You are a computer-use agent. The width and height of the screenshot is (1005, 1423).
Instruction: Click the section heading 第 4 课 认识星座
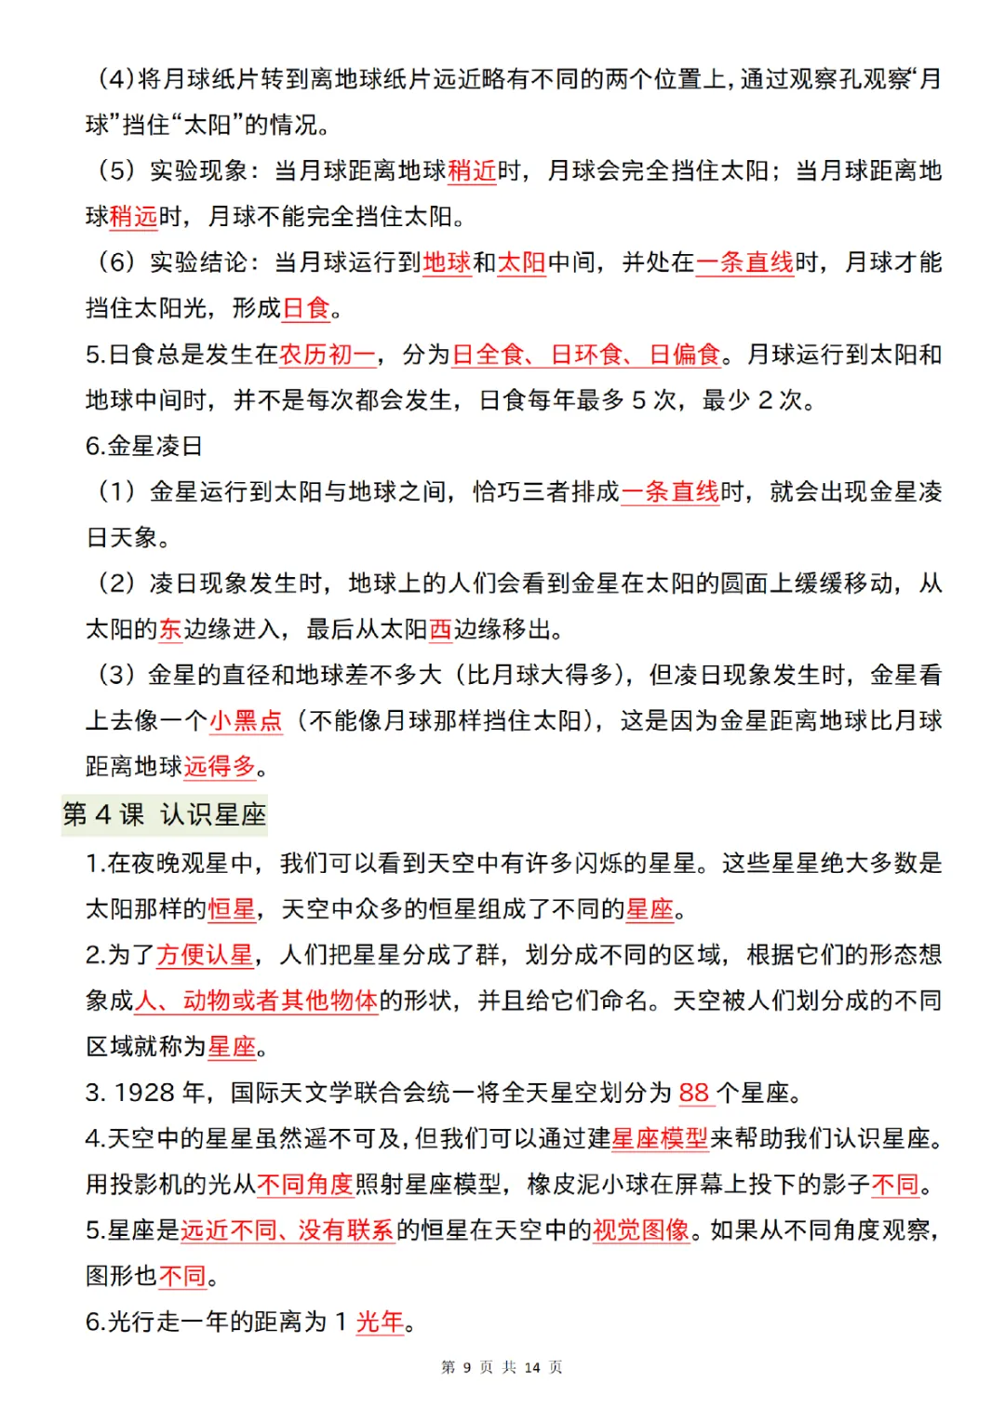point(165,814)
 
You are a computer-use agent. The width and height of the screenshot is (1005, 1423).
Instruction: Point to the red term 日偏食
point(685,355)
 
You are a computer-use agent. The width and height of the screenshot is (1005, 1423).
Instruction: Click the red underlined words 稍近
point(472,171)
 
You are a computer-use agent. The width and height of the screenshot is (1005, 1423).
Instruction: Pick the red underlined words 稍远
point(134,217)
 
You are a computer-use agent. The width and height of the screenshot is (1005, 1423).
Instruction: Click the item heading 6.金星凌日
point(144,446)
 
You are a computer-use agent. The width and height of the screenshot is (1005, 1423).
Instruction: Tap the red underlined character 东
point(170,629)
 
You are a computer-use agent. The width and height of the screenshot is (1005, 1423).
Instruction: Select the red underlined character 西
point(440,629)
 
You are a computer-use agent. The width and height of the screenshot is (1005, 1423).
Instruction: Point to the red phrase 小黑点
point(246,720)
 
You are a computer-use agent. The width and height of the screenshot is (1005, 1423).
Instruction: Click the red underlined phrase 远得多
point(220,766)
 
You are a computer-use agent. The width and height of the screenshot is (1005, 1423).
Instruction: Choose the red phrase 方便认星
point(205,955)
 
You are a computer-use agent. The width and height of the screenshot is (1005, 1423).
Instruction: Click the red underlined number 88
point(694,1093)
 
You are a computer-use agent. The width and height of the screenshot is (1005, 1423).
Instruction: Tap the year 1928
point(145,1093)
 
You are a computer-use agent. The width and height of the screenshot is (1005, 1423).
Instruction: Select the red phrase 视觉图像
point(641,1230)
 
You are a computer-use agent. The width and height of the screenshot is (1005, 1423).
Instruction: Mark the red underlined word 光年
point(380,1322)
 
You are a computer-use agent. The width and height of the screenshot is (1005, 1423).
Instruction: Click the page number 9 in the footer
point(467,1367)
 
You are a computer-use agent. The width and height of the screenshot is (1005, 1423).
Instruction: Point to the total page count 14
point(532,1367)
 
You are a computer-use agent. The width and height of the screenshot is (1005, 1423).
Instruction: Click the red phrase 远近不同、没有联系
point(288,1230)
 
